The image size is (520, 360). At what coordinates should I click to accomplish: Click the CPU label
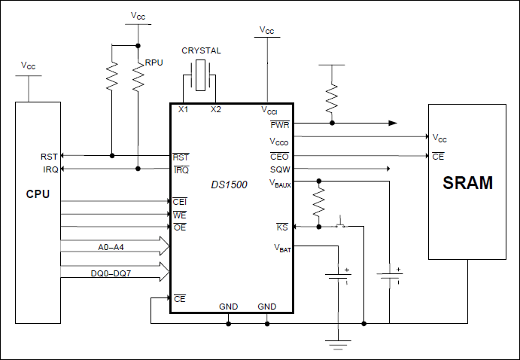click(x=38, y=194)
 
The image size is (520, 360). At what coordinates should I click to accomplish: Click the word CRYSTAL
click(x=200, y=50)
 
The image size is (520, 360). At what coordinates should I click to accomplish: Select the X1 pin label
click(x=183, y=110)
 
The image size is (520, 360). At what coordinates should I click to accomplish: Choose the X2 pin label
click(x=216, y=110)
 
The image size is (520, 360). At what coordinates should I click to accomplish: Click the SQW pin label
click(x=280, y=169)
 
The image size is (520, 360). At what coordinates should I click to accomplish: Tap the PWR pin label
click(x=280, y=124)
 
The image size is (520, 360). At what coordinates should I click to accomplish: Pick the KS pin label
click(x=282, y=227)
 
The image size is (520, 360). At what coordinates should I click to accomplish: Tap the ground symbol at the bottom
click(x=336, y=344)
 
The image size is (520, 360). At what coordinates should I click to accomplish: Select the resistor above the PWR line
click(x=332, y=96)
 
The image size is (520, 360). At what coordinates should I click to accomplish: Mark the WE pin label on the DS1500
click(x=180, y=215)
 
